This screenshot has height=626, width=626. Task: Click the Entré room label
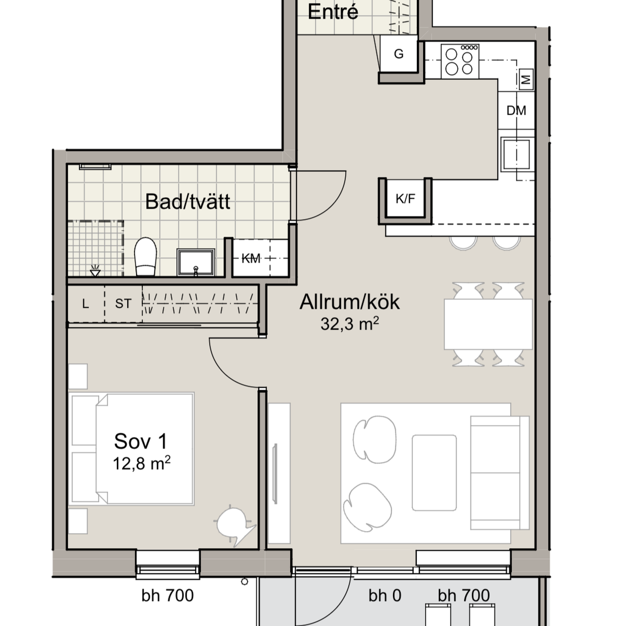[333, 12]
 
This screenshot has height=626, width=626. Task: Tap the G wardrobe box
[399, 54]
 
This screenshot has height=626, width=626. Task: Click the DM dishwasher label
[516, 111]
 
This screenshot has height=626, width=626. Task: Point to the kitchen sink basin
[517, 154]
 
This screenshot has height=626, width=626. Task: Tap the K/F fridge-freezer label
[405, 198]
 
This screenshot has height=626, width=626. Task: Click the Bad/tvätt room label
[187, 201]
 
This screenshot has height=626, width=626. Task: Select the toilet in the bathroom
[146, 257]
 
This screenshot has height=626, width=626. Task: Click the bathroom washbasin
[196, 262]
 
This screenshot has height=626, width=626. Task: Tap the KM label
[251, 259]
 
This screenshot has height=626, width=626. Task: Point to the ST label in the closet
[123, 304]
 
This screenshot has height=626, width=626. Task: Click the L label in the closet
[86, 304]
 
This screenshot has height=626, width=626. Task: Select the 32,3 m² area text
[350, 324]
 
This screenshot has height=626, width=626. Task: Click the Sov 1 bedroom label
[141, 441]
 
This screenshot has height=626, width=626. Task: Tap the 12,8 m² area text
[142, 463]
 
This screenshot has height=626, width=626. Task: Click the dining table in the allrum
[488, 324]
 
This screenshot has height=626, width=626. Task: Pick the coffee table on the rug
[435, 473]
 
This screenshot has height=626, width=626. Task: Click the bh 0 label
[385, 596]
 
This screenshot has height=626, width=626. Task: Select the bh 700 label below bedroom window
[167, 596]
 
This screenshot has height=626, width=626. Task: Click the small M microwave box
[526, 80]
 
